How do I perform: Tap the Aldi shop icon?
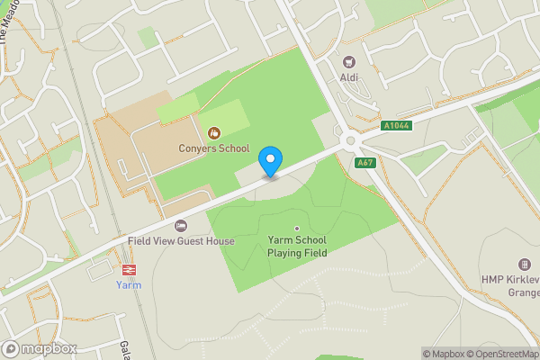pos(349,63)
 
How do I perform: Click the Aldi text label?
pos(349,77)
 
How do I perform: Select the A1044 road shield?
pos(395,126)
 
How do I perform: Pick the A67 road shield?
pos(364,163)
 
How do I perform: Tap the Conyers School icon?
pos(214,133)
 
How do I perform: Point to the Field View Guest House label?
pos(181,241)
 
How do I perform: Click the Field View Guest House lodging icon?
pos(181,226)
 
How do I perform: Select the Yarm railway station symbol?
pos(129,269)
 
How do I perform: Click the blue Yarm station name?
pos(129,285)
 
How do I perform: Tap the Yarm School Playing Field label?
pos(296,247)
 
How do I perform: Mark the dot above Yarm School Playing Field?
pos(296,228)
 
